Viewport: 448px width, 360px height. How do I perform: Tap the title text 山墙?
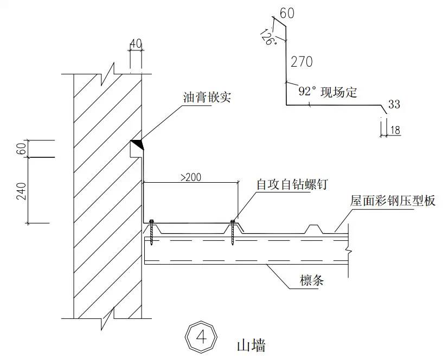(250, 344)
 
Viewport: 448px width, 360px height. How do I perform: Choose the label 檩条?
(312, 280)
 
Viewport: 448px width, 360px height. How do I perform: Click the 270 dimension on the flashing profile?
(302, 62)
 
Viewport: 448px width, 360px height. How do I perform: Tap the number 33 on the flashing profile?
(395, 104)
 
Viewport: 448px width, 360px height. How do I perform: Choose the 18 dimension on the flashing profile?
(395, 130)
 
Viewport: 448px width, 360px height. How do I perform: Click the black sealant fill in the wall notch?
(136, 145)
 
